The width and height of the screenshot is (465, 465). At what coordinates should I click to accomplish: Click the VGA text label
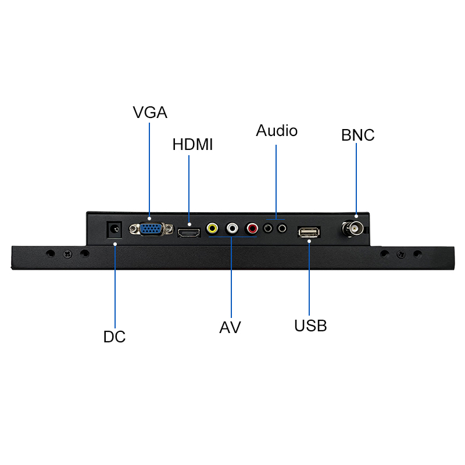coord(150,112)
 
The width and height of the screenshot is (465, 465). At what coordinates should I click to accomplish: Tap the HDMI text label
coord(193,144)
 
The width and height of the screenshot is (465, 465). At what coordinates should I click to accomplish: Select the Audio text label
coord(277,130)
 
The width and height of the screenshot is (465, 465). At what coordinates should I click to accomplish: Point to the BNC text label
coord(357,135)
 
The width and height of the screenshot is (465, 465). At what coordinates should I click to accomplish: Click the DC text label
coord(115,337)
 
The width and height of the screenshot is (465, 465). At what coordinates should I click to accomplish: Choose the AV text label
coord(230,327)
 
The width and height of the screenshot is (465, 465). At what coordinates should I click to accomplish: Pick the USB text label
coord(310,325)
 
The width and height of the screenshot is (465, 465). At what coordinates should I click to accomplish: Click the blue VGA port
coord(151,228)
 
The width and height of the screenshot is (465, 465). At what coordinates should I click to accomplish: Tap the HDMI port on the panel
coord(189,233)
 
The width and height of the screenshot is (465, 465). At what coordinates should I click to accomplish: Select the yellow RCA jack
coord(212,228)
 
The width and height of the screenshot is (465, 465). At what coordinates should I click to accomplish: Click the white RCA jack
coord(232,228)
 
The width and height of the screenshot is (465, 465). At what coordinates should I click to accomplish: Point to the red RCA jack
coord(252,228)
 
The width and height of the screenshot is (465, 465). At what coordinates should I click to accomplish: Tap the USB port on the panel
coord(309,232)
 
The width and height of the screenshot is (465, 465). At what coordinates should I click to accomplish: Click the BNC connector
coord(353,228)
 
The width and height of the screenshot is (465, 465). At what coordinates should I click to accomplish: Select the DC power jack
coord(115,229)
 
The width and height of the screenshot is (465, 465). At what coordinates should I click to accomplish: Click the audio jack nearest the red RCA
coord(268,228)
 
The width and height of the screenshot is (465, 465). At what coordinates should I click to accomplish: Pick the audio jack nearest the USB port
coord(282,228)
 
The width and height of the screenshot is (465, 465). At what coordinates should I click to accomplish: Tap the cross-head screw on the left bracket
coord(67,254)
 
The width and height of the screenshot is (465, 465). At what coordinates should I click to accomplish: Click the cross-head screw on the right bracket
coord(401,254)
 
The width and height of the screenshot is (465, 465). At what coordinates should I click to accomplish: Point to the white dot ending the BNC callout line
coord(356,216)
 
